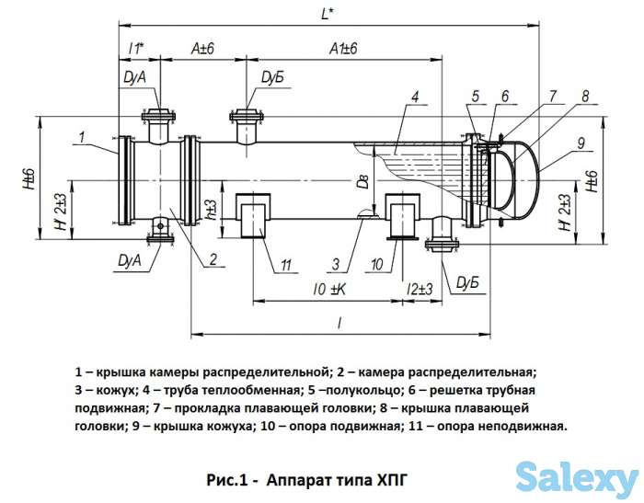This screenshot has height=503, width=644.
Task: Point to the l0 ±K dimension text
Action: (x=328, y=291)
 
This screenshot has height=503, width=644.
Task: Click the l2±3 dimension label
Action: (x=420, y=291)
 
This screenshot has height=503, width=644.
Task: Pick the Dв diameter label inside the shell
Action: (x=364, y=180)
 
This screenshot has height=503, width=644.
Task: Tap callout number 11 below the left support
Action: (x=286, y=266)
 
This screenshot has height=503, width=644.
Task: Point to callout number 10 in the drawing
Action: (x=376, y=266)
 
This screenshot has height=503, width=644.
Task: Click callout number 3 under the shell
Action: (x=337, y=266)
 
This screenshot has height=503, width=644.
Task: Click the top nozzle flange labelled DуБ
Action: (x=247, y=117)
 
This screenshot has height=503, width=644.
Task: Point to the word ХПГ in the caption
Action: (x=389, y=478)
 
